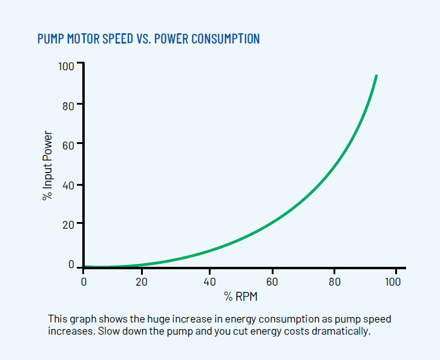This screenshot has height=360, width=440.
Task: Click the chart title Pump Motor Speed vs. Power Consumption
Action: click(x=148, y=39)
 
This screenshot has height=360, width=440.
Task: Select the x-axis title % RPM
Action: click(x=241, y=296)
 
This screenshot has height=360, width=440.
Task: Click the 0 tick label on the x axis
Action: click(x=84, y=281)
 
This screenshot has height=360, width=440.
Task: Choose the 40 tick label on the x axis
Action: click(x=209, y=281)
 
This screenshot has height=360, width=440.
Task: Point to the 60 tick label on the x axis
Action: click(x=272, y=281)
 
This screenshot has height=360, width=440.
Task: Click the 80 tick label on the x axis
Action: click(x=335, y=281)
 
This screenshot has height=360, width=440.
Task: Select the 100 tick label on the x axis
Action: click(x=392, y=281)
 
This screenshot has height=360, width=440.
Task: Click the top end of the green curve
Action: click(x=376, y=76)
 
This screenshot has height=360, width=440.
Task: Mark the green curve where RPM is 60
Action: click(x=272, y=225)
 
